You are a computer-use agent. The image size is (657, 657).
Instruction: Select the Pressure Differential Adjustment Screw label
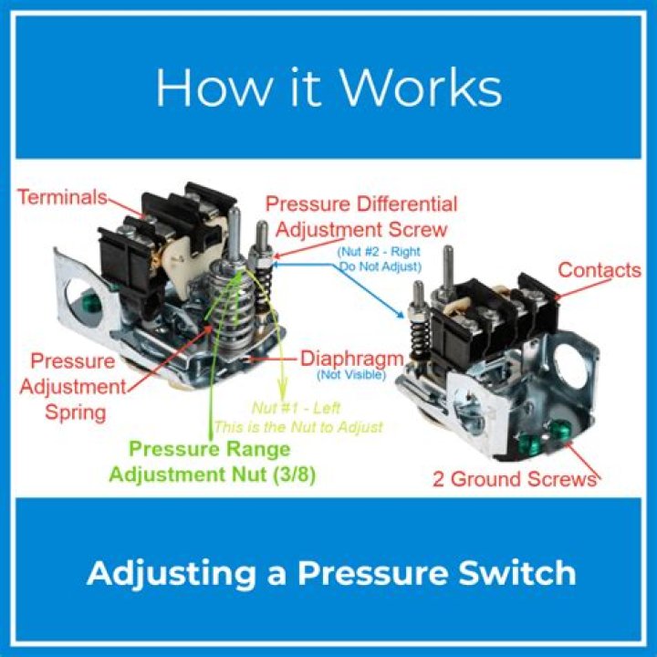[361, 215]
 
